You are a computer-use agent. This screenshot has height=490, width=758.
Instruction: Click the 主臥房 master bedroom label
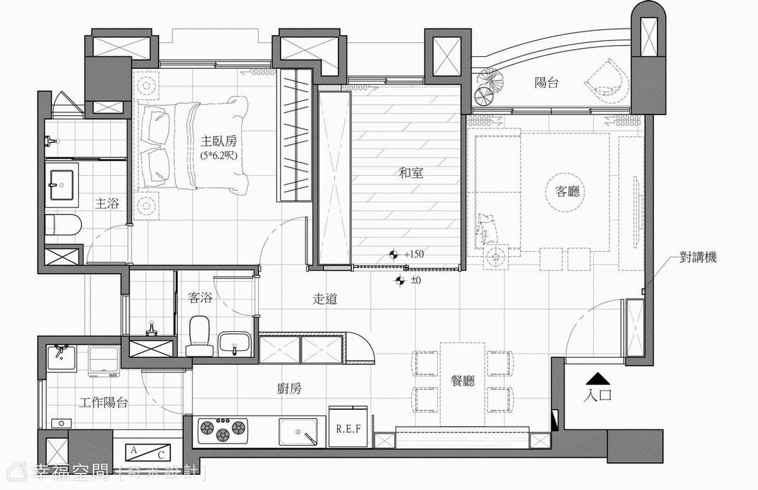tap(219, 140)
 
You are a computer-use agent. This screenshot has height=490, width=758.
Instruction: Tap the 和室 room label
tap(411, 173)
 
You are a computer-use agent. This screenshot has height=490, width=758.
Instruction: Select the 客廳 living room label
tap(567, 192)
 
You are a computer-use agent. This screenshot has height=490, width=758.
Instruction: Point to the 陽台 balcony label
tap(546, 82)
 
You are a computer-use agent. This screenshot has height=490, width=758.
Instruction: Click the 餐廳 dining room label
tap(462, 381)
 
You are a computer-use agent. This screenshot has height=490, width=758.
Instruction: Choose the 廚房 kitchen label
tap(289, 389)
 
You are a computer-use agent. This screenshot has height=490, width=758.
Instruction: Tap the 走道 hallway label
tap(325, 298)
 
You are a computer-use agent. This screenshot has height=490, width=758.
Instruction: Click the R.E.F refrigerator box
tap(348, 426)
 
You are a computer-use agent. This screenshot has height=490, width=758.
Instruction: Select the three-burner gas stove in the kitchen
tap(222, 431)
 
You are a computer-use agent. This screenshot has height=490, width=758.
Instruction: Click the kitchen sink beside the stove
tap(298, 432)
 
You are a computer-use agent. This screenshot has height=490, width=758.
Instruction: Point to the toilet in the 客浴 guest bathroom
tap(200, 336)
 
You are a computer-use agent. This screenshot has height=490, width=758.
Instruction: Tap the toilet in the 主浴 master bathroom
tap(63, 224)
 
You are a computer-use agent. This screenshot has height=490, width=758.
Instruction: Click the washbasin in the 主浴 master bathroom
tap(62, 185)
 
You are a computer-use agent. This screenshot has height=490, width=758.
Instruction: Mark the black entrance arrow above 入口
tap(598, 379)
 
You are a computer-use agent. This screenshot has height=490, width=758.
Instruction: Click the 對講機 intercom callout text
tap(698, 257)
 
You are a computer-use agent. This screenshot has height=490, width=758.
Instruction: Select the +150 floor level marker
tap(408, 254)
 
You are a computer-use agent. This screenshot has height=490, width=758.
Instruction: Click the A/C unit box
tap(148, 452)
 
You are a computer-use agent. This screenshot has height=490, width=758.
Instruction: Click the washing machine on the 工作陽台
tap(104, 360)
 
